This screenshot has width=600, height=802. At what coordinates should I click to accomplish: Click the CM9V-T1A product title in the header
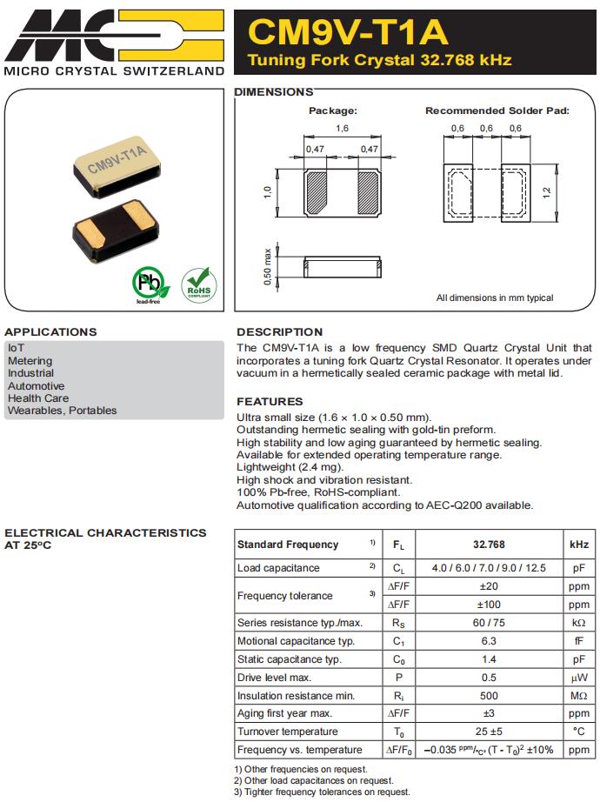tap(348, 32)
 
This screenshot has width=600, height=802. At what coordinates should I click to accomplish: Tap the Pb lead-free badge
tap(148, 284)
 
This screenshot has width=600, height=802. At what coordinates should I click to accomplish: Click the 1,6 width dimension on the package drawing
tap(342, 129)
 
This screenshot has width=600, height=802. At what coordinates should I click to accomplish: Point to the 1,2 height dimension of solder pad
tap(547, 191)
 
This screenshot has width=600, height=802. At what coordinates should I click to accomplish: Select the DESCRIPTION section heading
tap(279, 331)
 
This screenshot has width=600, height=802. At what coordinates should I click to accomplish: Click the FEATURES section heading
tap(270, 401)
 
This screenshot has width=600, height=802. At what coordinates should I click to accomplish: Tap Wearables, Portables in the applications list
tap(62, 411)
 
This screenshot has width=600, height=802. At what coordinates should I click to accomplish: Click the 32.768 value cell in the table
tap(489, 545)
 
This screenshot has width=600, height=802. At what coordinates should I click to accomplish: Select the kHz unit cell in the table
tap(578, 545)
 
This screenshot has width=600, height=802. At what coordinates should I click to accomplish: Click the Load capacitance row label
tap(278, 568)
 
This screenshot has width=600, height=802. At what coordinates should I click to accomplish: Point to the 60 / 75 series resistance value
tap(489, 623)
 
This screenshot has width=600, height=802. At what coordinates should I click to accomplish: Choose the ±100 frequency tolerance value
tap(489, 605)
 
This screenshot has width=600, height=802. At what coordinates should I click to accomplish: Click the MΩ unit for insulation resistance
tap(578, 696)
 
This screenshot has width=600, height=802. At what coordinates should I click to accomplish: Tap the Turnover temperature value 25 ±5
tap(489, 732)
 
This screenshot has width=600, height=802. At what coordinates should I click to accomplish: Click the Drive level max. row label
tap(274, 678)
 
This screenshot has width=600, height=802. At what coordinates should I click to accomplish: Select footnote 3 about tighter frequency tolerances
tap(322, 792)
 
